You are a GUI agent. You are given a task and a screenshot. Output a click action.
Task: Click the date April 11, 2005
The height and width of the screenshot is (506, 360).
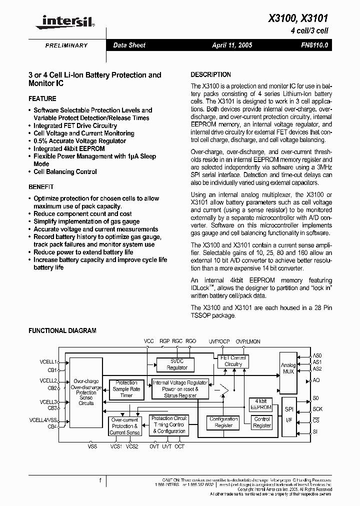[232, 45]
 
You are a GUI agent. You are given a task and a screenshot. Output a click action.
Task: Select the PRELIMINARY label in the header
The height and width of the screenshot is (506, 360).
[66, 45]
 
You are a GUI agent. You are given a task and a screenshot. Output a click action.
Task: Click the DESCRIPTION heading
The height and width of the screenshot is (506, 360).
[211, 74]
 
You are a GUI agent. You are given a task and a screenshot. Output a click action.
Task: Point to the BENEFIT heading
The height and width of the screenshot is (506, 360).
[41, 186]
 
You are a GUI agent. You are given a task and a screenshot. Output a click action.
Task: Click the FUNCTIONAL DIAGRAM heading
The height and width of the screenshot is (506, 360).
[62, 330]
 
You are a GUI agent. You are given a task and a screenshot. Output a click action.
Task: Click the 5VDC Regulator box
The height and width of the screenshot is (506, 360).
[177, 364]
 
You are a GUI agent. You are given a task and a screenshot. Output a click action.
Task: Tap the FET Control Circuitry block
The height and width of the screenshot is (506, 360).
[233, 361]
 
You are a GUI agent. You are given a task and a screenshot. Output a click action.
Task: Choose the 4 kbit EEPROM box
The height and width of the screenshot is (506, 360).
[260, 404]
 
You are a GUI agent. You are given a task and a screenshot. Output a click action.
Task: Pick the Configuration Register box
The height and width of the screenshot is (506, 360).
[223, 422]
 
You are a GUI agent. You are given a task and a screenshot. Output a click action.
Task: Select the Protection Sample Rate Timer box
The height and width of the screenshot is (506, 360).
[126, 389]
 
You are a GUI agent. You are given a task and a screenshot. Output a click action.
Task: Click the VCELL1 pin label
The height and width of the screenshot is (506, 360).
[48, 361]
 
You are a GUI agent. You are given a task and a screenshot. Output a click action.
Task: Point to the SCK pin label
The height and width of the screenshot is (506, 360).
[317, 409]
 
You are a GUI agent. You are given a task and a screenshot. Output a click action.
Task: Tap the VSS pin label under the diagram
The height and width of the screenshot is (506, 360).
[92, 446]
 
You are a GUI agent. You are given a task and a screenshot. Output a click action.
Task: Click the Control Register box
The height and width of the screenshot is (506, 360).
[262, 422]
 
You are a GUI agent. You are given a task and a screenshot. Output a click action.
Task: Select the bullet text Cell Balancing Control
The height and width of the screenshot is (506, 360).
[65, 171]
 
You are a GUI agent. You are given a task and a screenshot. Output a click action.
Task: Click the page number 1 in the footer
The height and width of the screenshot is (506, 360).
[100, 481]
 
